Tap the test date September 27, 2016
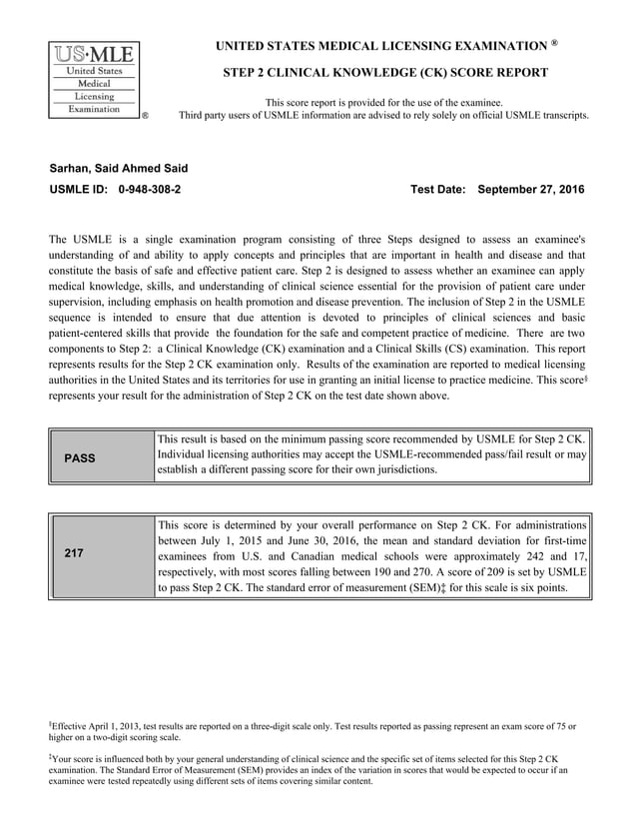531,189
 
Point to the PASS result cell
79,458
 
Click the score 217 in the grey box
74,553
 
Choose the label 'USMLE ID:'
79,189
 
